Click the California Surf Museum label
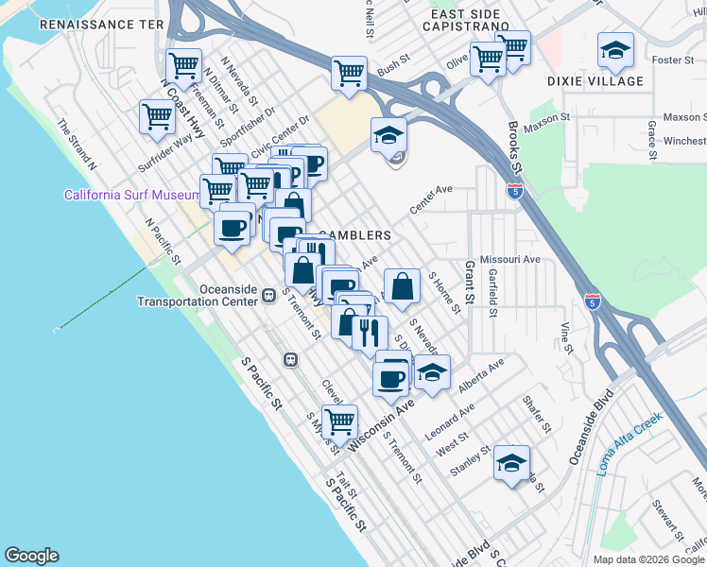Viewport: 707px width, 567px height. coord(130,196)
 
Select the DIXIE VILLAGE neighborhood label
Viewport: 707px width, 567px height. coord(595,82)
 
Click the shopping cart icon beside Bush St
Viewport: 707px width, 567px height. coord(349,72)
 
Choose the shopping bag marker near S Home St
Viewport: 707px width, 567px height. coord(402,284)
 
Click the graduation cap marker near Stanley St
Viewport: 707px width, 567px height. coord(511,463)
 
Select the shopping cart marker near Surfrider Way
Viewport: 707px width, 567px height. coord(157,116)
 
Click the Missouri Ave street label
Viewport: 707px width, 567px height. coord(509,259)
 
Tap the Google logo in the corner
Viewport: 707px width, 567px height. coord(31,556)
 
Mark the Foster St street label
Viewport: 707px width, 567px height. coord(673,60)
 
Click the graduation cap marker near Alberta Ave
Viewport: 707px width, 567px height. coord(431,371)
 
